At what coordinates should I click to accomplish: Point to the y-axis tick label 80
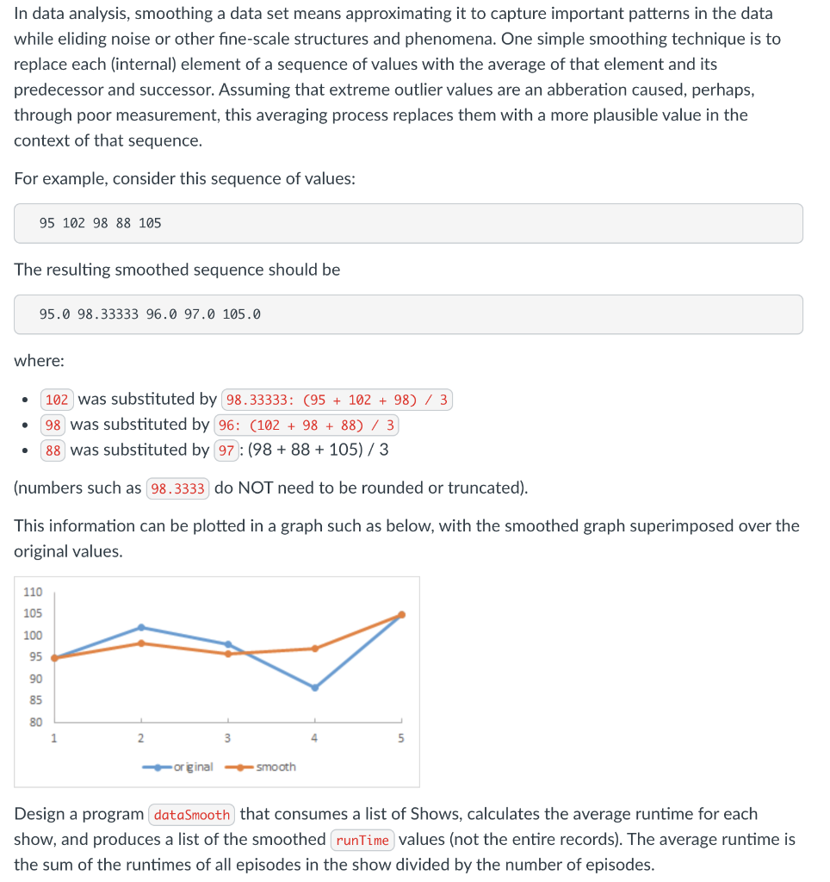(x=35, y=722)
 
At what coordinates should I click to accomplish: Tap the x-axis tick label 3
(x=227, y=738)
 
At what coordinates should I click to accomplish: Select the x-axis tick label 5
(x=400, y=738)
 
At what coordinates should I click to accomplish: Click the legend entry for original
(x=191, y=767)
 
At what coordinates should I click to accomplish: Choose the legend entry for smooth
(x=275, y=767)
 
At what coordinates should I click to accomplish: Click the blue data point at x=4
(x=314, y=687)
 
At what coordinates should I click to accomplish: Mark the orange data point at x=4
(x=314, y=649)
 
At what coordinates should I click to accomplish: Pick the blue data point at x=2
(x=141, y=627)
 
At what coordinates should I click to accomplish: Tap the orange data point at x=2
(x=141, y=643)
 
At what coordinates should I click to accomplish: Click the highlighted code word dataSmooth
(x=192, y=815)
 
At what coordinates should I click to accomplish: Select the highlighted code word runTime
(x=362, y=840)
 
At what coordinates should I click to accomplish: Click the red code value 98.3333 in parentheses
(x=178, y=489)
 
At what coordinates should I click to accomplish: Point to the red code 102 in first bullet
(x=57, y=400)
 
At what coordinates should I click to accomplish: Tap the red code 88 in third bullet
(x=53, y=450)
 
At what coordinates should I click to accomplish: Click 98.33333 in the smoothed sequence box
(x=108, y=314)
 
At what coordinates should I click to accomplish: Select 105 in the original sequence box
(x=150, y=223)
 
